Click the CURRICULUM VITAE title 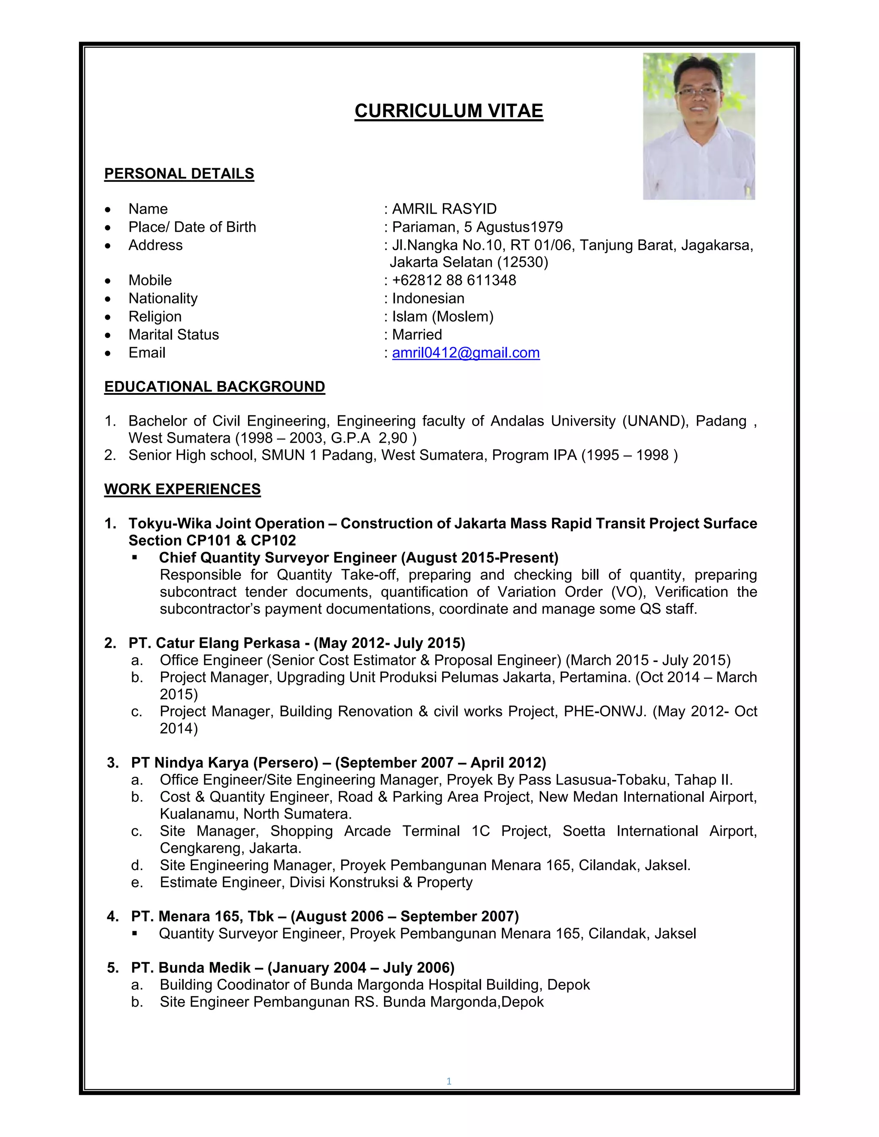tap(449, 111)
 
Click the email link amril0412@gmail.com tap(466, 353)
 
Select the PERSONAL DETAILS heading tap(179, 173)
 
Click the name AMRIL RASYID tap(444, 209)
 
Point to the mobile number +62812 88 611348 tap(454, 280)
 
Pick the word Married tap(417, 335)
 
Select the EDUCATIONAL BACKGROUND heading tap(215, 387)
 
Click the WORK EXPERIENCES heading tap(182, 490)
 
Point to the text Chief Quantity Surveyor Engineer tap(278, 558)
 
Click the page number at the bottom tap(449, 1081)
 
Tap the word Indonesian tap(427, 298)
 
